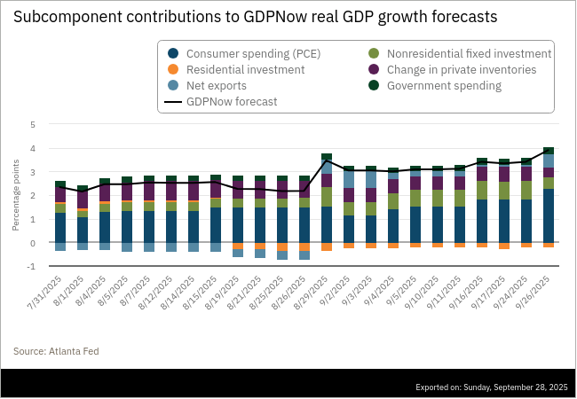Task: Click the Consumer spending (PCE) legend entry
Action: (x=252, y=53)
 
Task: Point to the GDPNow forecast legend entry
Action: (x=231, y=102)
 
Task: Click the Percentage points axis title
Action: (x=16, y=196)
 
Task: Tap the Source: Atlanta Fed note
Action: (x=56, y=351)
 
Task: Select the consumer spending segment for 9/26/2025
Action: (x=549, y=215)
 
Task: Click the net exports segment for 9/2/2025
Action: (x=349, y=179)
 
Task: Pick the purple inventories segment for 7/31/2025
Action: (x=60, y=194)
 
